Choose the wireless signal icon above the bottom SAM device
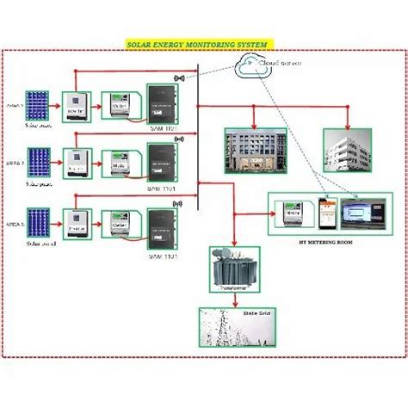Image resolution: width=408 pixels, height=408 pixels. click(179, 204)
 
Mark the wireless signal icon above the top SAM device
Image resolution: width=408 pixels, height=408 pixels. click(179, 78)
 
